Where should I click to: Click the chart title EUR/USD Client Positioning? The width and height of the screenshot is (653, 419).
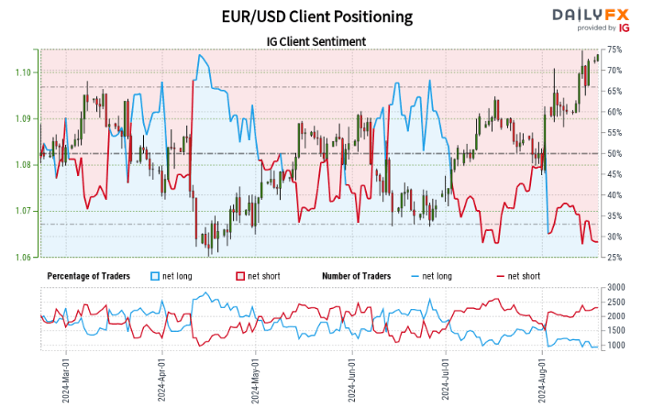(316, 17)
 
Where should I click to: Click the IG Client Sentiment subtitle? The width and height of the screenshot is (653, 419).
(316, 41)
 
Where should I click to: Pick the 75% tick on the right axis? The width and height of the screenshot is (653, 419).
(615, 50)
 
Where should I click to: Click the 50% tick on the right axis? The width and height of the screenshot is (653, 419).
(615, 153)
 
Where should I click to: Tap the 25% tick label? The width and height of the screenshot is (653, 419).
(615, 257)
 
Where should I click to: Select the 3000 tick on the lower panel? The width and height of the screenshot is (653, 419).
(617, 288)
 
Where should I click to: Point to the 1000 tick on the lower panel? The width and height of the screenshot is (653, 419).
(617, 346)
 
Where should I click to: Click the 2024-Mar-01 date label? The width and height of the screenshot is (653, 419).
(65, 377)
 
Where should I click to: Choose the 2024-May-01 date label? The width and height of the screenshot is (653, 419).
(256, 377)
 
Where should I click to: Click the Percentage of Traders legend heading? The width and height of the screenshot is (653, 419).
(87, 275)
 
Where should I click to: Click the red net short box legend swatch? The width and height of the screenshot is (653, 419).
(241, 275)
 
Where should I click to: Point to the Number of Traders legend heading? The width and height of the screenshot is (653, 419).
(357, 275)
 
